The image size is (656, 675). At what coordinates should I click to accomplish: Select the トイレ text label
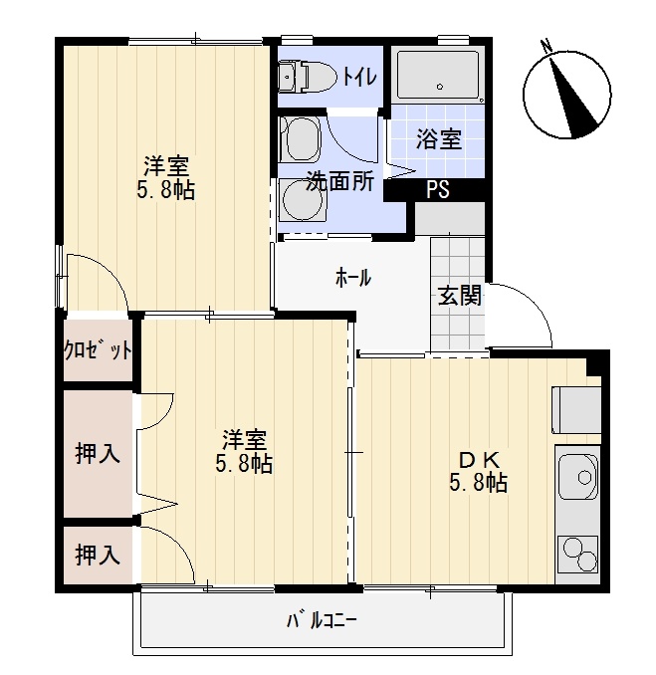pyautogui.click(x=358, y=76)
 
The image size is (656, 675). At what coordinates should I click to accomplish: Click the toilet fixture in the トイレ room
pyautogui.click(x=308, y=74)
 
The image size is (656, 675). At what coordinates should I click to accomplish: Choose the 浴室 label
pyautogui.click(x=438, y=139)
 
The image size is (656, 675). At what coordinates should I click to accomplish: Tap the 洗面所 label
pyautogui.click(x=339, y=182)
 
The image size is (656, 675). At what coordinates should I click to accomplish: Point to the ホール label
pyautogui.click(x=352, y=279)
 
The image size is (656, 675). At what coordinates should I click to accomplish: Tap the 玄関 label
pyautogui.click(x=459, y=296)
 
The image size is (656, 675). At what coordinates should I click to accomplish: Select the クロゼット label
pyautogui.click(x=98, y=349)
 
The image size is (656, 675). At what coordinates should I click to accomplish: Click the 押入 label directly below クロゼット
pyautogui.click(x=98, y=454)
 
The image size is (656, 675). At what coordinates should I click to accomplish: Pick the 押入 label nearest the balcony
pyautogui.click(x=98, y=556)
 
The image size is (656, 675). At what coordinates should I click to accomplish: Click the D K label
pyautogui.click(x=483, y=460)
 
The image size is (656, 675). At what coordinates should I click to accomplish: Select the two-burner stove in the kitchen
pyautogui.click(x=576, y=554)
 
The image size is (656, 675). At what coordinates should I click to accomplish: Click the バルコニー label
pyautogui.click(x=322, y=621)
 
